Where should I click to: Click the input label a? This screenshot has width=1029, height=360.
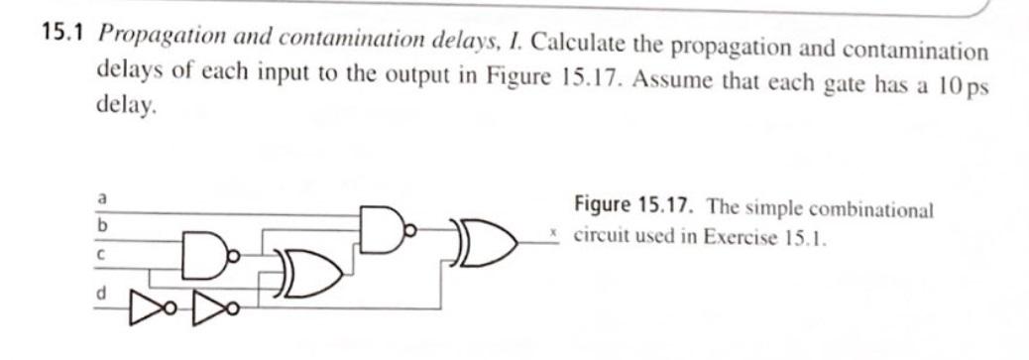(x=100, y=199)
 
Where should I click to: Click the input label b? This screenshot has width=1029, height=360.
(x=100, y=226)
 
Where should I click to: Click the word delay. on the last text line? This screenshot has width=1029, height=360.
(x=128, y=106)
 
